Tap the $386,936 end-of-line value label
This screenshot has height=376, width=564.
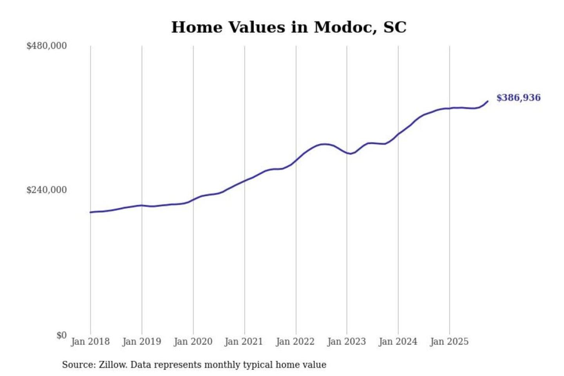(518, 98)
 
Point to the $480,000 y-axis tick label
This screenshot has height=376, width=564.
(47, 46)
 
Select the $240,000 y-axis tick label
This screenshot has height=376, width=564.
(47, 190)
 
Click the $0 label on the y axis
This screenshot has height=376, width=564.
(61, 335)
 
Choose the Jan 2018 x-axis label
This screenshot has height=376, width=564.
(90, 342)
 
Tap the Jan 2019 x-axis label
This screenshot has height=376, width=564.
(141, 342)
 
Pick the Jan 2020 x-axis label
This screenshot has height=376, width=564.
(193, 342)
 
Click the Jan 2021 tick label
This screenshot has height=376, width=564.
(244, 342)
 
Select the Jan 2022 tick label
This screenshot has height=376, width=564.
(295, 342)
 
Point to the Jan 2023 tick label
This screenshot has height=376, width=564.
(346, 342)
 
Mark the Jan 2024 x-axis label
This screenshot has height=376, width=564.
(398, 342)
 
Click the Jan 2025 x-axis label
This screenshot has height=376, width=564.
(449, 342)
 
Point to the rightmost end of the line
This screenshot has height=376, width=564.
(488, 101)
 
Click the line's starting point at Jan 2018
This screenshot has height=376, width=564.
(90, 212)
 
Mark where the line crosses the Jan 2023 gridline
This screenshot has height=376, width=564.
(347, 153)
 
